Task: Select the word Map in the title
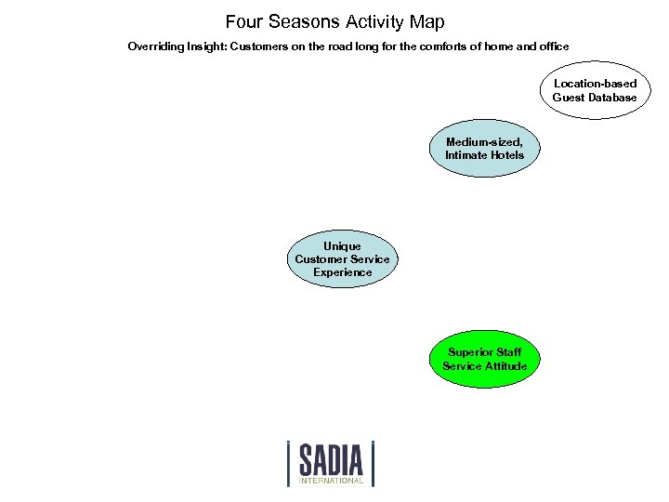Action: click(x=426, y=21)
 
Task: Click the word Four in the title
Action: click(x=245, y=21)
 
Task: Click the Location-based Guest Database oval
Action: click(x=595, y=91)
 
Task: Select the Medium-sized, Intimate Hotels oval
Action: click(x=484, y=149)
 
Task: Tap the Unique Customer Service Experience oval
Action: click(x=342, y=259)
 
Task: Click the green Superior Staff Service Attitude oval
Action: click(x=484, y=359)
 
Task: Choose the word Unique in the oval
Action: click(x=342, y=246)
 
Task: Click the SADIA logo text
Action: click(x=331, y=459)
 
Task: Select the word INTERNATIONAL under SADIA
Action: click(x=331, y=481)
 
